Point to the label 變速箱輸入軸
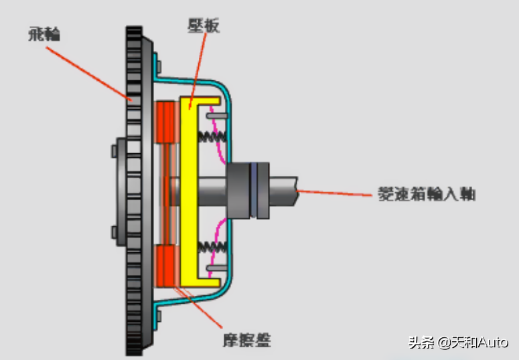tap(427, 194)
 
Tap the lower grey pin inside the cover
tap(217, 268)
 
